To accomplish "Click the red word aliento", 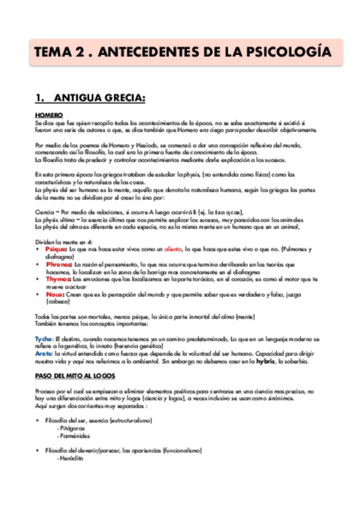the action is click(174, 248).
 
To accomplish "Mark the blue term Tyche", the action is click(44, 339).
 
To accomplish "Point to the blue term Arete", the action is click(44, 354).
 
